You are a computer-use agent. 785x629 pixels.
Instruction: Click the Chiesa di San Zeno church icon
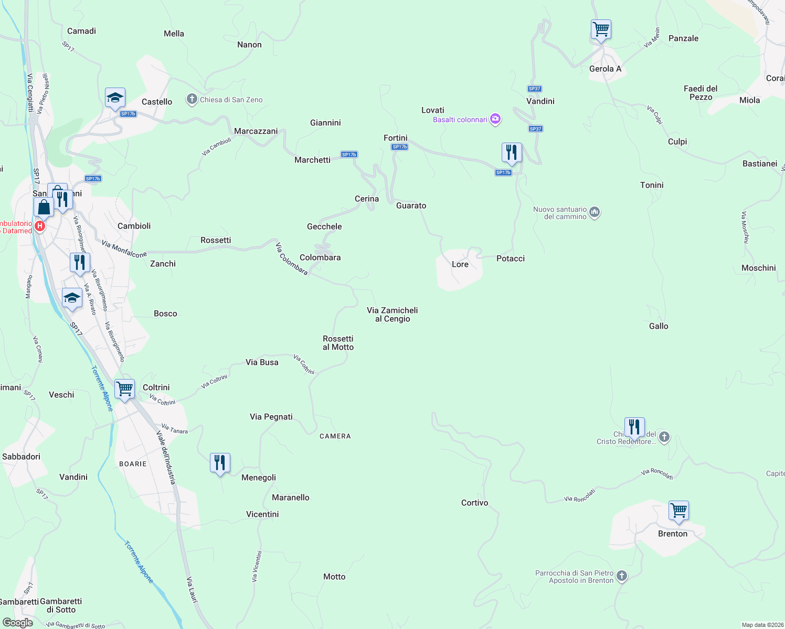point(192,99)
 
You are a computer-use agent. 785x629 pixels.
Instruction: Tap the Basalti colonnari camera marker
point(495,120)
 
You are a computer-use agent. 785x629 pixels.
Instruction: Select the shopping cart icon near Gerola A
point(601,29)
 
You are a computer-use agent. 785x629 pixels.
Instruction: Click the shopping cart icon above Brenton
point(678,511)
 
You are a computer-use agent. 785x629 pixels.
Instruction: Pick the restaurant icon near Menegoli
point(220,463)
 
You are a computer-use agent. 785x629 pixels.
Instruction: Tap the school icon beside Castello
point(115,97)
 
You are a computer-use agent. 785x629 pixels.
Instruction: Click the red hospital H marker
point(40,226)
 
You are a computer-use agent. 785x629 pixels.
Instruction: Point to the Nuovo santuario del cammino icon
point(595,212)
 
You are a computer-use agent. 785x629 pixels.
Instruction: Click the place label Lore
point(460,264)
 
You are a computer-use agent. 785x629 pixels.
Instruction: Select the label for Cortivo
point(474,503)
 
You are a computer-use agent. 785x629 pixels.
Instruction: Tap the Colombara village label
point(320,257)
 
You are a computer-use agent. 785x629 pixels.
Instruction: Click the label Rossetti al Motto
point(338,343)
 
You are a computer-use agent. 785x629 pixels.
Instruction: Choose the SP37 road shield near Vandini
point(534,89)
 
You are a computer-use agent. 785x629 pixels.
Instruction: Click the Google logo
point(17,623)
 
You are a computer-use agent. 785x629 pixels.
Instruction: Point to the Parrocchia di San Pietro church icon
point(622,576)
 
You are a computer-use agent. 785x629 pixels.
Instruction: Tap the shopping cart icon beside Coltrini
point(125,389)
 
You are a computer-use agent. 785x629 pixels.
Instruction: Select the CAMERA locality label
point(335,436)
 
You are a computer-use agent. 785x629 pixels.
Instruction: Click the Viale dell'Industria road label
point(166,457)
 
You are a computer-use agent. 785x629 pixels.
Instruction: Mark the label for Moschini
point(758,268)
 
